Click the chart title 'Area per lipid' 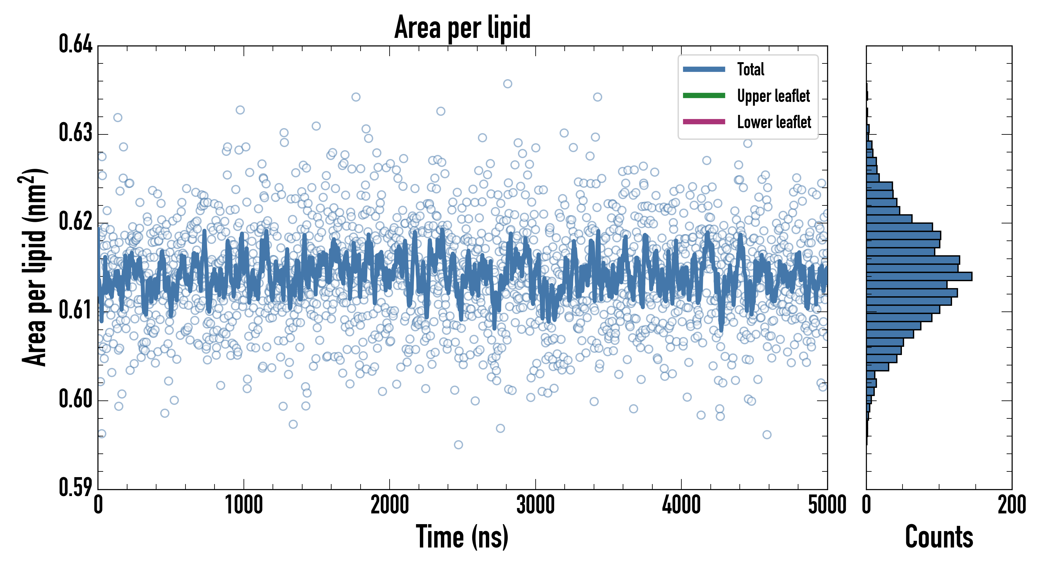462,27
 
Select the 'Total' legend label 750,69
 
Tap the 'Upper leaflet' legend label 773,96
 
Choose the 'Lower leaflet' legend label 774,122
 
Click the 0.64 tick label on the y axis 76,44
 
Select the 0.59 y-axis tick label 76,487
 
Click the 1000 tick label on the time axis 244,505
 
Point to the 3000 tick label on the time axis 535,505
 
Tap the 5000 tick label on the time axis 827,505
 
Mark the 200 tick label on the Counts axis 1011,505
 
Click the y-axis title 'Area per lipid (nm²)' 34,267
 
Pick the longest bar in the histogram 919,276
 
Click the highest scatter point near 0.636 508,84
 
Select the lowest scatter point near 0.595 458,445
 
